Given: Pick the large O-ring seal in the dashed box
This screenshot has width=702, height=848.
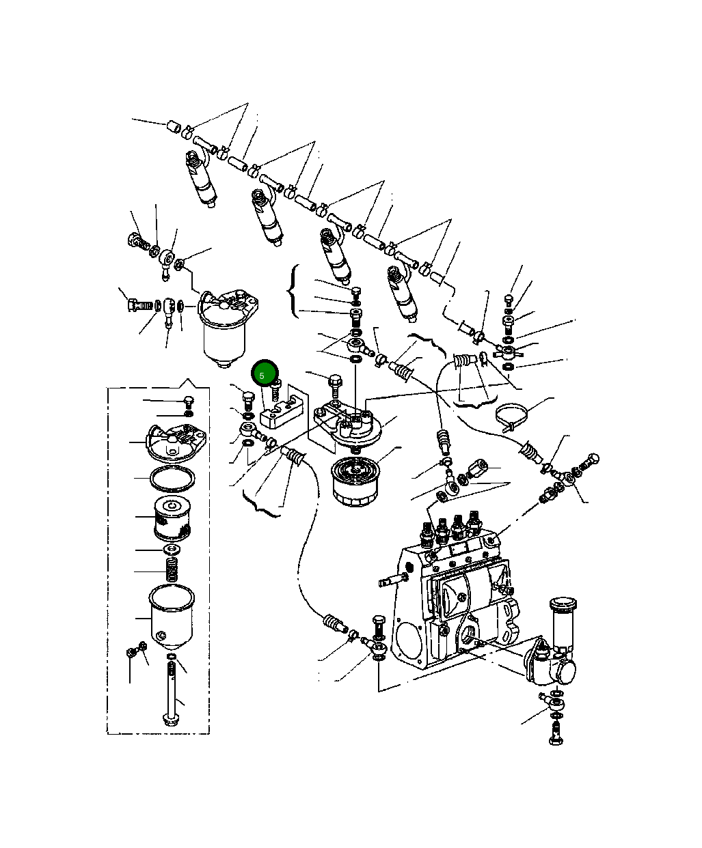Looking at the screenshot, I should pos(170,480).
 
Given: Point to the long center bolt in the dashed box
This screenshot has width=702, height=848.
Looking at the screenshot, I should pos(170,693).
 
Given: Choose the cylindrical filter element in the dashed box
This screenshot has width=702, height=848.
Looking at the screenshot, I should pos(170,519).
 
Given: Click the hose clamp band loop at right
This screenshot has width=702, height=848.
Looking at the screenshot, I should pos(514,415).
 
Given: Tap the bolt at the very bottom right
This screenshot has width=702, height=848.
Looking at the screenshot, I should pos(555,735).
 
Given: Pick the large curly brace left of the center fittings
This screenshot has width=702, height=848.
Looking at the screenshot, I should pos(294,292).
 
